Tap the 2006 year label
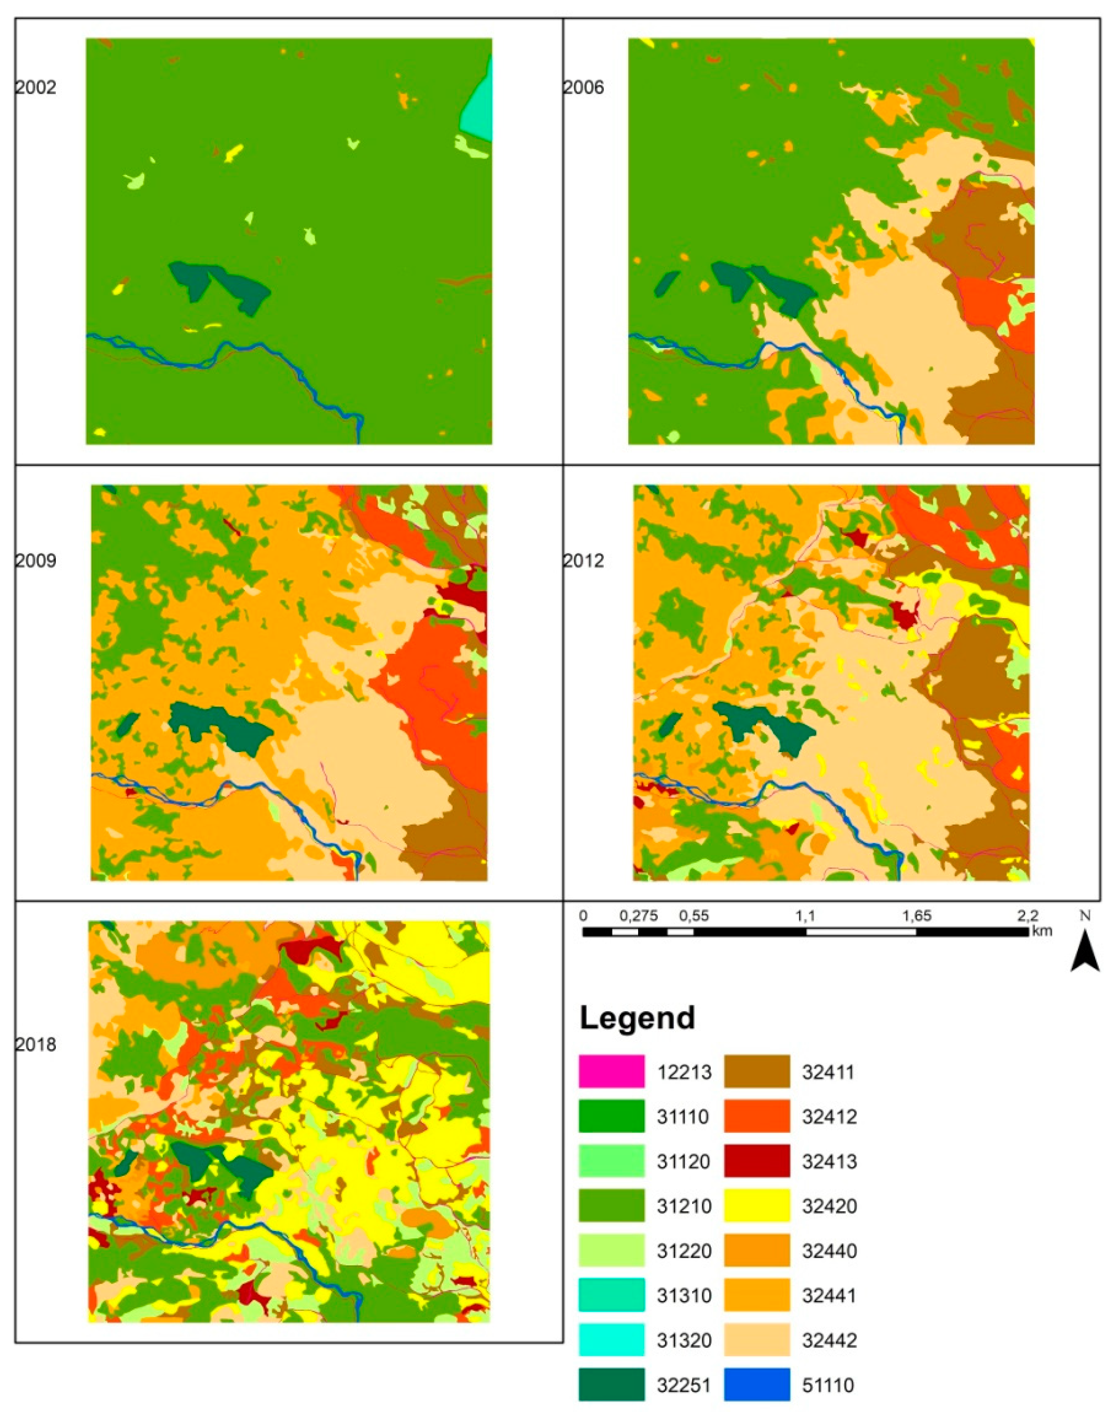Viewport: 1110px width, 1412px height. tap(583, 87)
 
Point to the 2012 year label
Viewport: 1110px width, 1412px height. tap(583, 560)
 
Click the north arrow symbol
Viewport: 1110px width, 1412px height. tap(1085, 948)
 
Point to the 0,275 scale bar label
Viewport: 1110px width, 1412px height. tap(638, 916)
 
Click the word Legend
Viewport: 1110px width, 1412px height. tap(637, 1018)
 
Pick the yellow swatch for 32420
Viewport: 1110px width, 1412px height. tap(757, 1206)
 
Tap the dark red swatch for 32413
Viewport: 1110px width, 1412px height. tap(757, 1161)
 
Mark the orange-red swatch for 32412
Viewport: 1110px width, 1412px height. tap(757, 1116)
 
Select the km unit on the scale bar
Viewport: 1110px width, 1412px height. tap(1041, 931)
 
